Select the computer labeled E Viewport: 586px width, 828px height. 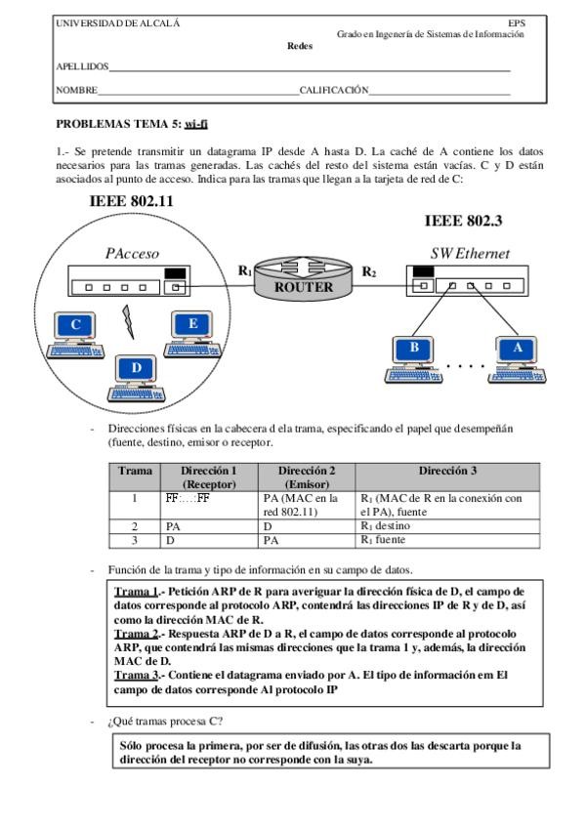point(191,329)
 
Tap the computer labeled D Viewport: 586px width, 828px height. point(136,374)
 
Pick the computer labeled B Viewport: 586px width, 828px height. point(414,353)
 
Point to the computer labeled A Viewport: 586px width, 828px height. point(517,353)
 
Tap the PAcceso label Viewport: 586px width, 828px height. point(132,254)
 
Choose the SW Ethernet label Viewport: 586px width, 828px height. point(470,254)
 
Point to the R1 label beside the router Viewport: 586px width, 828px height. point(244,269)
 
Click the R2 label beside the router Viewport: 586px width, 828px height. point(369,270)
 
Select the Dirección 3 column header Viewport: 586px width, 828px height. point(446,471)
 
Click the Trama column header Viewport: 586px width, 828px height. point(135,471)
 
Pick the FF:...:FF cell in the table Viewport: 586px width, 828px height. point(188,497)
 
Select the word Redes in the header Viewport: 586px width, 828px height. point(300,45)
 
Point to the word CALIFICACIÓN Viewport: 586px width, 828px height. point(334,90)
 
